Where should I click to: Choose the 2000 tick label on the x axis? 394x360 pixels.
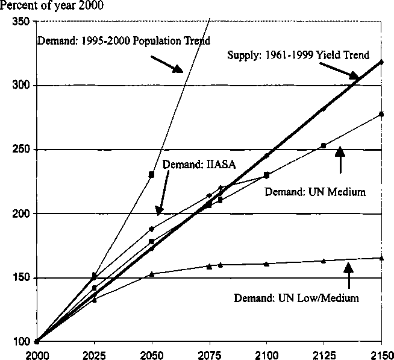(37, 353)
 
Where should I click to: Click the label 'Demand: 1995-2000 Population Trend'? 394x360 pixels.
(124, 42)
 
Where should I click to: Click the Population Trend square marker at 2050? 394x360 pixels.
(151, 174)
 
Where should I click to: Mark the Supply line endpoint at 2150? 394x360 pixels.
(381, 62)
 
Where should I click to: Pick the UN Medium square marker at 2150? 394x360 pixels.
(381, 114)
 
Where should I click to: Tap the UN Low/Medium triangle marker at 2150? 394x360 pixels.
(381, 257)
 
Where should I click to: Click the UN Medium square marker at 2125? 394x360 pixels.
(324, 145)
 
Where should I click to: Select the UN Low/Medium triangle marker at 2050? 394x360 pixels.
(151, 273)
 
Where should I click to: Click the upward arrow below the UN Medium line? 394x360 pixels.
(341, 159)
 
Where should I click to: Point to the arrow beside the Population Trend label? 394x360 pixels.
(166, 65)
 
